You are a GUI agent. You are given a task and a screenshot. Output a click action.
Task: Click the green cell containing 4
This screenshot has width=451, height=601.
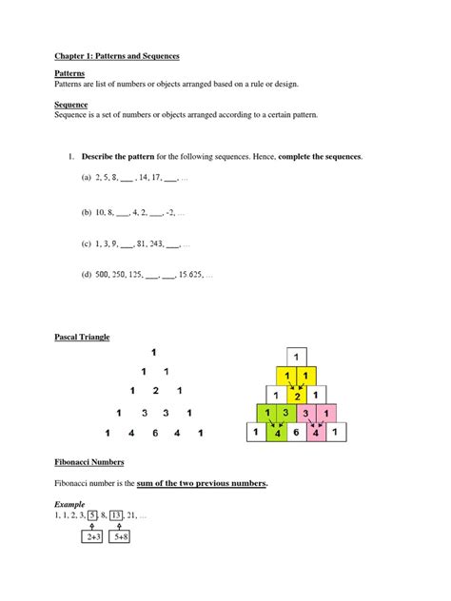coord(277,434)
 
